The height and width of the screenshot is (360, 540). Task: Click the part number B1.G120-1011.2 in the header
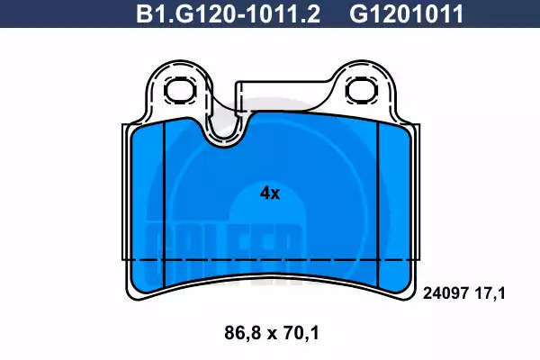click(x=229, y=13)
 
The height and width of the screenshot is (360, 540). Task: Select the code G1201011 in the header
click(x=407, y=13)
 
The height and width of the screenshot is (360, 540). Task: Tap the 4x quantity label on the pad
click(x=270, y=193)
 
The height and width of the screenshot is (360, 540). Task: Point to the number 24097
click(x=445, y=293)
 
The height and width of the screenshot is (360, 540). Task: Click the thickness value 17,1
click(x=490, y=293)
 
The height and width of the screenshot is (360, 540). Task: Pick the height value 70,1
click(x=301, y=333)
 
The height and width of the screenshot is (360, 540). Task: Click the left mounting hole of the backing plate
click(x=180, y=91)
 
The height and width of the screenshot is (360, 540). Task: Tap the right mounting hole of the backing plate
click(x=361, y=90)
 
